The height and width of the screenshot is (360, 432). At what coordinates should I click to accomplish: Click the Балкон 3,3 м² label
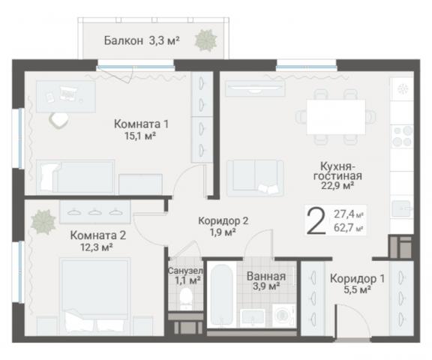coord(141,41)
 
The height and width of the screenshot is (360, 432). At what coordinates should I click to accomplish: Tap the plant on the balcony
coord(205,40)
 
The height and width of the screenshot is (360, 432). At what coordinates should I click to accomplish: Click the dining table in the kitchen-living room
coord(335,116)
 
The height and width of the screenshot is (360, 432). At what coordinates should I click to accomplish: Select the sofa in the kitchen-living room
coord(256,176)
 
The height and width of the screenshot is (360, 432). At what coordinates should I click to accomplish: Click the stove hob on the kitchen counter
coord(402,136)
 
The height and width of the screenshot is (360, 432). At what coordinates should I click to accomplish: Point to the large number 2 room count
coord(316,222)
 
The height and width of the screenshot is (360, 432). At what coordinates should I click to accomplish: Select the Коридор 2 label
coord(223,220)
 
